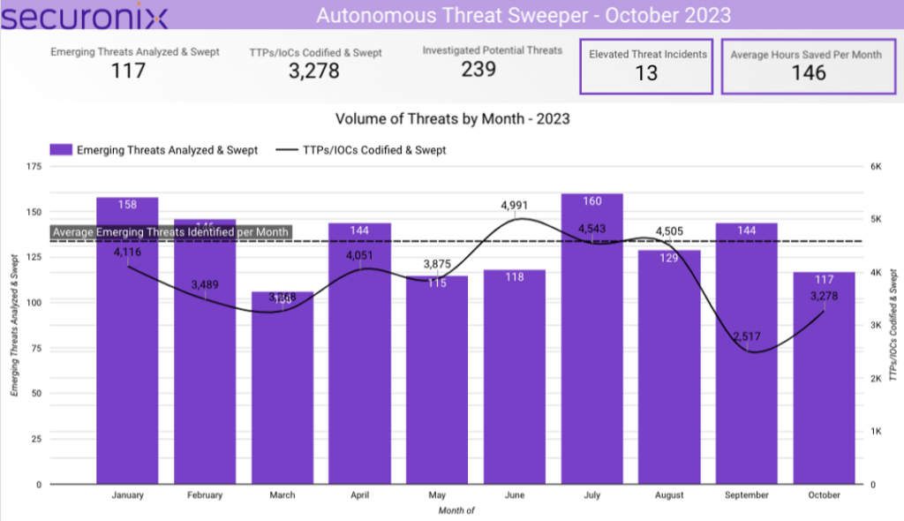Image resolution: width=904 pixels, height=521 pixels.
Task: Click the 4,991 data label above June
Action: [x=516, y=206]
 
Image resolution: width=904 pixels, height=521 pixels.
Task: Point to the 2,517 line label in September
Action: [x=748, y=336]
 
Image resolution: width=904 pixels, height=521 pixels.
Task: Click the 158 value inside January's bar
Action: [x=127, y=205]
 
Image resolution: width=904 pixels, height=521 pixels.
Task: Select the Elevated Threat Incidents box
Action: [x=646, y=65]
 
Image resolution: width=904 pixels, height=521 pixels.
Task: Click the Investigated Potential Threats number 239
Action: [x=478, y=69]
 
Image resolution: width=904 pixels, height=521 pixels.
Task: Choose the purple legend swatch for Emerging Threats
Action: [x=60, y=150]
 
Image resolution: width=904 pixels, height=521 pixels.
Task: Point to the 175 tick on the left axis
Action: [x=34, y=166]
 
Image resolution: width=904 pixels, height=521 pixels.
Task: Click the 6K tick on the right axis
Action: [x=876, y=166]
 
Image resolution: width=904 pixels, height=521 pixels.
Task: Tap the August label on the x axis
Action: [x=669, y=495]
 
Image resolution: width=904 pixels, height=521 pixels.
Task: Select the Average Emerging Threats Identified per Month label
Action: [x=170, y=232]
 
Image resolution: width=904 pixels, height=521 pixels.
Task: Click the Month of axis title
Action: [x=456, y=510]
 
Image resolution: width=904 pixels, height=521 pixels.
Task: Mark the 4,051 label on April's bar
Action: [x=360, y=257]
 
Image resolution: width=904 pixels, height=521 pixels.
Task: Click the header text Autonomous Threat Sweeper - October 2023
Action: [x=524, y=16]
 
